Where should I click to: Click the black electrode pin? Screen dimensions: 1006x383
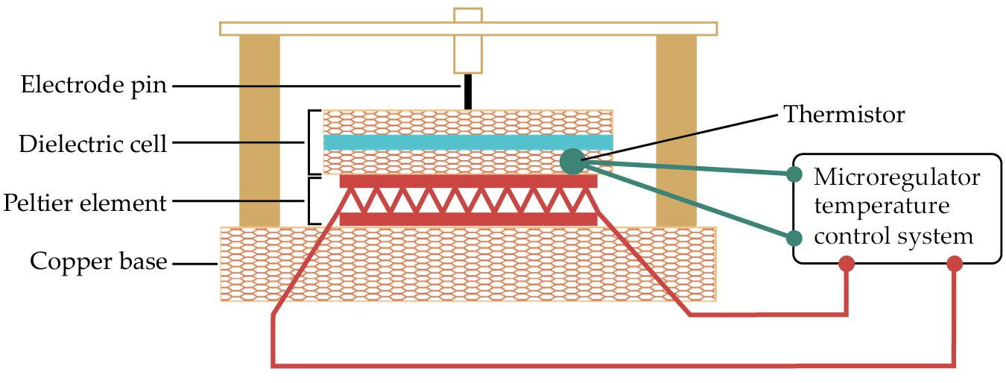(467, 92)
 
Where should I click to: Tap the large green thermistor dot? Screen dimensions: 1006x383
(574, 162)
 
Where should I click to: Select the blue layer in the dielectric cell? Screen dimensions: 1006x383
(468, 142)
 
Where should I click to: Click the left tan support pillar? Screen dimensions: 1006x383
(259, 131)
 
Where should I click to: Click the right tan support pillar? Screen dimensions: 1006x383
(677, 131)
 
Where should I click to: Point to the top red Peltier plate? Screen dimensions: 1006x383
(469, 181)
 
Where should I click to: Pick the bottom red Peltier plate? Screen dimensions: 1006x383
(469, 219)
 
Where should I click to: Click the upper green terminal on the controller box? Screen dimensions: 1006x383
(794, 174)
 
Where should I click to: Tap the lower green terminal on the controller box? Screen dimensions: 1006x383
(794, 238)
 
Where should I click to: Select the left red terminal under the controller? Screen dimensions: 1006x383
(846, 264)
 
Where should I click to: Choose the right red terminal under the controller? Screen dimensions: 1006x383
(955, 264)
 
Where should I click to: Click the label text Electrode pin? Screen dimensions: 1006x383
(93, 85)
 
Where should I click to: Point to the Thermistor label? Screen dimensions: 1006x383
(844, 115)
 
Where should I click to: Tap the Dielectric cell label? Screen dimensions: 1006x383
(92, 144)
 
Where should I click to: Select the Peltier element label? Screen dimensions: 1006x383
(85, 203)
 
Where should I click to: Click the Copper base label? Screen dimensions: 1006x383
(98, 262)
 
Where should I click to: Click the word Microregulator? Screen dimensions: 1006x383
(896, 177)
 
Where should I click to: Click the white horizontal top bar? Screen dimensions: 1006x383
(469, 29)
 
